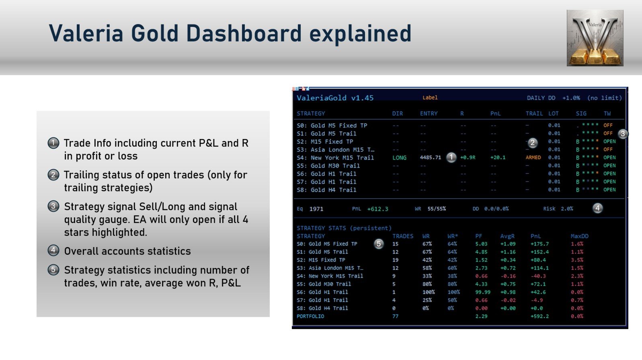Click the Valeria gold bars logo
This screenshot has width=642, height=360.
[x=595, y=38]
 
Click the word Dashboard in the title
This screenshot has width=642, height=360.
[x=244, y=33]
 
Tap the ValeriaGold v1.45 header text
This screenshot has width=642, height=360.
[x=335, y=98]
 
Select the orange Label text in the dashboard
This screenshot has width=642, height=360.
[x=430, y=97]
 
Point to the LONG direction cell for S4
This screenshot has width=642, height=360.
[x=399, y=157]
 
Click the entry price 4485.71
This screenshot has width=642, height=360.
[x=430, y=157]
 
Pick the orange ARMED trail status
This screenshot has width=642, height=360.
[x=533, y=157]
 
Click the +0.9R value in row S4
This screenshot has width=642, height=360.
[x=468, y=157]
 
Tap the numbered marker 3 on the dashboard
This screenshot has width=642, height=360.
[x=623, y=134]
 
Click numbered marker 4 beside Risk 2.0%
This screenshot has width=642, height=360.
[x=597, y=208]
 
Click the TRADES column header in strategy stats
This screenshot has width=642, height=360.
[x=403, y=236]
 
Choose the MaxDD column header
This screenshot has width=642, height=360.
[x=579, y=236]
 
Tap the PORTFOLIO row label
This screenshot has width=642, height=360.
[x=310, y=316]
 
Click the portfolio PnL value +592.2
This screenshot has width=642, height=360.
[x=539, y=316]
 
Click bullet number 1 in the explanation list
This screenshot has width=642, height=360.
[x=53, y=143]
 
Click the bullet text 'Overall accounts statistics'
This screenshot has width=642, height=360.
[x=127, y=251]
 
